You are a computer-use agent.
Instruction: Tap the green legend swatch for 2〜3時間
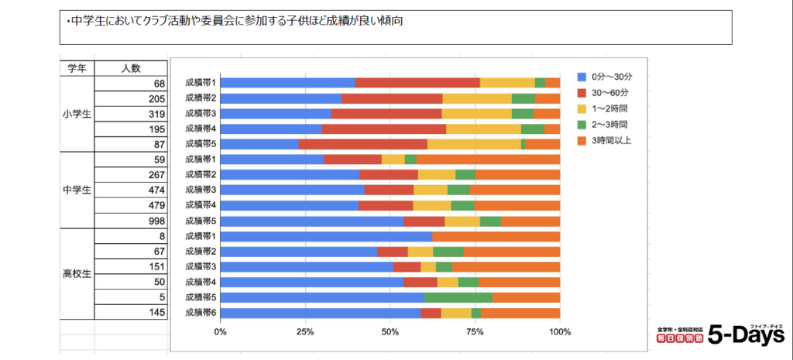[x=582, y=124]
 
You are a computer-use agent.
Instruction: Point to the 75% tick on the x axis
[x=475, y=332]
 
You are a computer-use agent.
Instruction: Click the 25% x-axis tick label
[x=305, y=332]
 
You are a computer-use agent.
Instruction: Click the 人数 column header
[x=131, y=68]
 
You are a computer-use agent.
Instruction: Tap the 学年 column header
[x=77, y=68]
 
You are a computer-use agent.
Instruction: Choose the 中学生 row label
[x=77, y=190]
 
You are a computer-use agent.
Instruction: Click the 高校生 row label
[x=77, y=273]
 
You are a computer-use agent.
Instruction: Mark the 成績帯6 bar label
[x=201, y=312]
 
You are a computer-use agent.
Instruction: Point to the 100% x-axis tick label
[x=559, y=332]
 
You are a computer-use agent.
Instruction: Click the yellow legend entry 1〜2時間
[x=609, y=108]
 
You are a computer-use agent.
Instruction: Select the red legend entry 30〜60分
[x=608, y=93]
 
